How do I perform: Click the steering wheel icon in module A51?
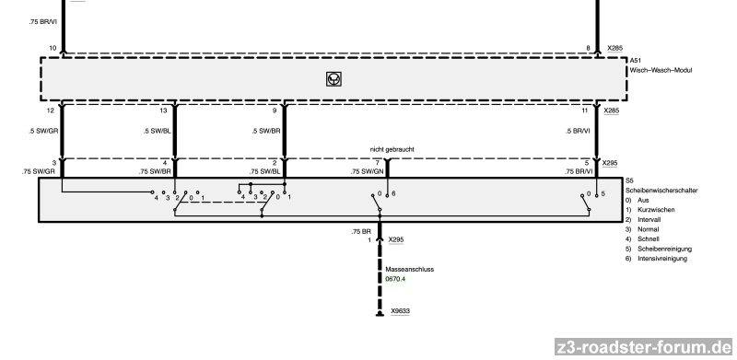(333, 79)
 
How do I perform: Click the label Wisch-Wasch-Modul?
(661, 71)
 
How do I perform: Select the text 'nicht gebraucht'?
(392, 149)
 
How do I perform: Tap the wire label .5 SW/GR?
(42, 131)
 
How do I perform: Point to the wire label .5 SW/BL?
(157, 131)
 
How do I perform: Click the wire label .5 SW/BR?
(265, 131)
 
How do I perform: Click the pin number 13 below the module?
(163, 110)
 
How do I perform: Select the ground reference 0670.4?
(395, 279)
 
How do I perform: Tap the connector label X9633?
(400, 311)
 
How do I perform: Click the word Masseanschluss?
(409, 269)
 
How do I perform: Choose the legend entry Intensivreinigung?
(661, 259)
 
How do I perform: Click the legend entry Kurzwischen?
(656, 210)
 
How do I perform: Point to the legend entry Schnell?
(649, 239)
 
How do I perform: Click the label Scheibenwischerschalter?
(661, 191)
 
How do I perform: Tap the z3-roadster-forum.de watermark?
(643, 347)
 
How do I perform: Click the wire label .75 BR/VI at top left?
(42, 21)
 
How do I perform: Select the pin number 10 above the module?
(53, 49)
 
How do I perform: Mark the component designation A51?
(635, 61)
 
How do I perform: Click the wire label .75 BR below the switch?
(361, 232)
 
